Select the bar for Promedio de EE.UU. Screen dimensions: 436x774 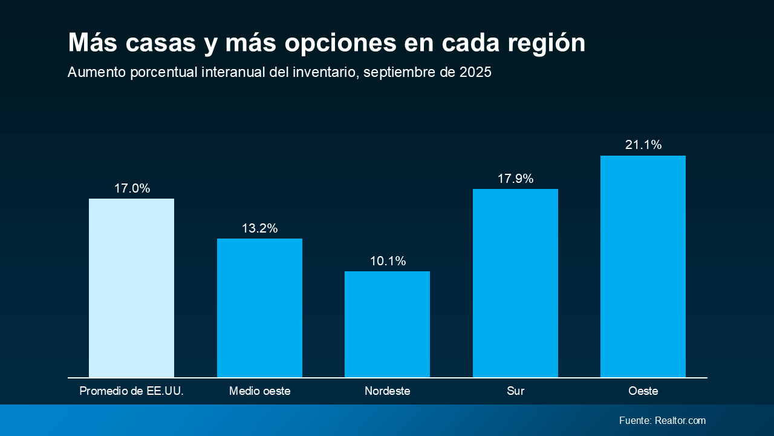pos(131,288)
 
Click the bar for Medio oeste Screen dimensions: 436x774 pos(259,308)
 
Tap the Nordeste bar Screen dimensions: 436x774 pos(387,324)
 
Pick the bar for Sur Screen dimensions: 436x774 pos(515,283)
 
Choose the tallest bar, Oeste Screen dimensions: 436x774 pos(643,266)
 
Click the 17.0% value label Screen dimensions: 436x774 pos(132,188)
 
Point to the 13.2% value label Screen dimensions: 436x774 pos(259,228)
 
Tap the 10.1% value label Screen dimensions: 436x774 pos(388,261)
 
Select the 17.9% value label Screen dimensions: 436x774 pos(515,179)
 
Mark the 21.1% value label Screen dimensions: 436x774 pos(643,145)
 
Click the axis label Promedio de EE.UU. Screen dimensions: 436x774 pos(131,391)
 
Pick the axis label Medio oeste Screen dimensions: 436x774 pos(259,391)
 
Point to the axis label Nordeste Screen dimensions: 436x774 pos(387,391)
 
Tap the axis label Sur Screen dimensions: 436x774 pos(515,391)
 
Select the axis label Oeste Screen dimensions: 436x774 pos(643,391)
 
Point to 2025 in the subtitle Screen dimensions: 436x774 pos(475,72)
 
